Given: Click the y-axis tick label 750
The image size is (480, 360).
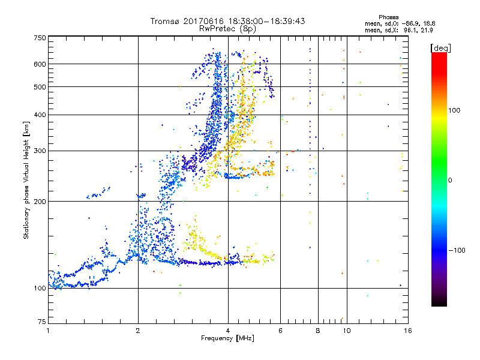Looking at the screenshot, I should [x=40, y=37].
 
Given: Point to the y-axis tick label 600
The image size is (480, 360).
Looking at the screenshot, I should [x=40, y=64].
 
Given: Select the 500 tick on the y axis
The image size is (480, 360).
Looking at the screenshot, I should [x=40, y=86].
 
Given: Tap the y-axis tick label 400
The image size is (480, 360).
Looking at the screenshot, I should [x=40, y=115].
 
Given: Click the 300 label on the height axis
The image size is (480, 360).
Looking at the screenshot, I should [x=40, y=151].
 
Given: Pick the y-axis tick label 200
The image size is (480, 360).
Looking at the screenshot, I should [x=40, y=201].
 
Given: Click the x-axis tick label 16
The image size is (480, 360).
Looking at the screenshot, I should [x=407, y=331].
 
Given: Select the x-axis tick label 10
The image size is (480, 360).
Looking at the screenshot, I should [x=346, y=331].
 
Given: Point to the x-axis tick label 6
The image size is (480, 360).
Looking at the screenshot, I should [x=280, y=331].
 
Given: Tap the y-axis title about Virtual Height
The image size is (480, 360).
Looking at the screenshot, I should [x=26, y=180].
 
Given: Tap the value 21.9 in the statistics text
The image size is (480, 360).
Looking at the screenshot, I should [x=425, y=29].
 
